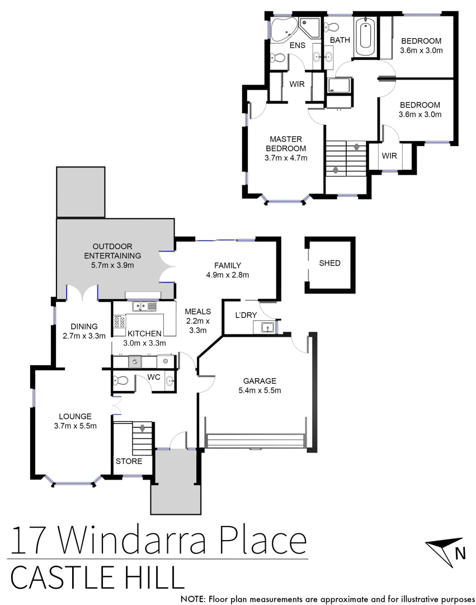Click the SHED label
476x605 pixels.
click(x=329, y=263)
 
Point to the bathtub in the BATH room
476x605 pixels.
click(x=365, y=38)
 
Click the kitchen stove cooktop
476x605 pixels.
click(x=119, y=322)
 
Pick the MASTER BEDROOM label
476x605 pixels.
click(x=286, y=143)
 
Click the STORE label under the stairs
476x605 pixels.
click(x=129, y=462)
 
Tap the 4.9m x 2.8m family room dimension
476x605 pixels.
click(x=227, y=275)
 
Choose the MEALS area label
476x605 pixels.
click(x=197, y=312)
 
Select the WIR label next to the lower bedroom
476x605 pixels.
click(x=389, y=156)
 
